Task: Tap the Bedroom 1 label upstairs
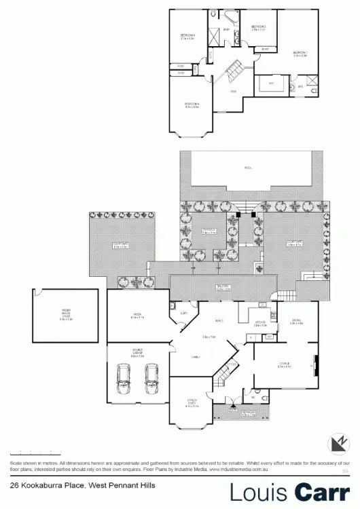(300, 54)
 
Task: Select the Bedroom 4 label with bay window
(192, 105)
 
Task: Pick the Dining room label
(297, 322)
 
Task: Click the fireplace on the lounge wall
(314, 366)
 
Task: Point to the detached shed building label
(66, 314)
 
